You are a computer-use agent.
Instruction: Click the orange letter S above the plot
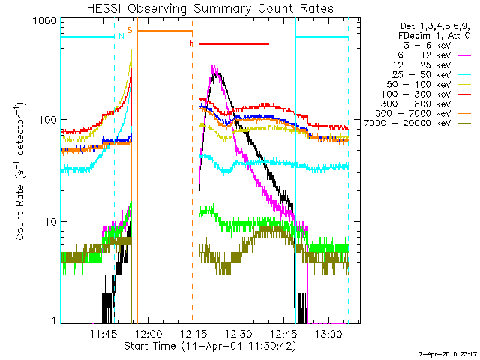[x=130, y=30]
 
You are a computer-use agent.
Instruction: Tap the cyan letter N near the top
[x=121, y=36]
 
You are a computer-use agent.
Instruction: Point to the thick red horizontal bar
[x=234, y=43]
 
